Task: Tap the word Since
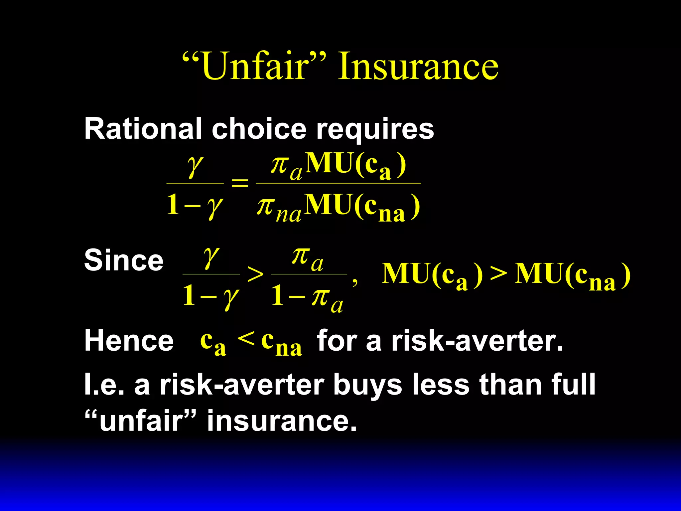coord(124,260)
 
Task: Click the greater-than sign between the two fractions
coord(255,275)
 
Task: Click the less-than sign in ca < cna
coord(246,339)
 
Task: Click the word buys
coord(367,385)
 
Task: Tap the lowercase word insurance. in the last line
coord(282,421)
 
